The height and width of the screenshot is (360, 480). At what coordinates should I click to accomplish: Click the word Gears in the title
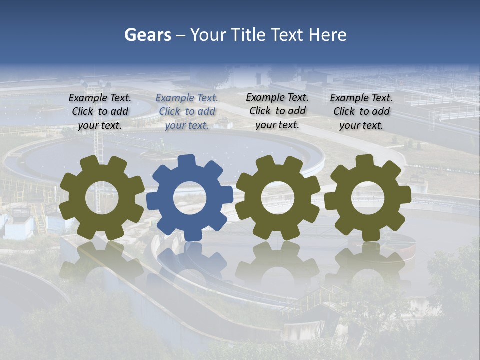pos(147,35)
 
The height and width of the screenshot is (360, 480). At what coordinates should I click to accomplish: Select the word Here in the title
pos(327,35)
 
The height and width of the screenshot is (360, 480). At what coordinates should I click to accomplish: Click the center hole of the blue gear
pos(190,198)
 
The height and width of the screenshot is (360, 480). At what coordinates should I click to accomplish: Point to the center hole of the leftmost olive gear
pos(102,198)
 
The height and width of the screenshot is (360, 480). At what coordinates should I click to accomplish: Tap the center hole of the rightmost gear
pos(367,198)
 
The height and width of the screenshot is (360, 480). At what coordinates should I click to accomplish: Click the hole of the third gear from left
pos(278,198)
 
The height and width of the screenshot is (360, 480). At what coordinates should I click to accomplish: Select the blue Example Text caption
pos(187,111)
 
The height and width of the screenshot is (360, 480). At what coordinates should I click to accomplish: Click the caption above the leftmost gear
pos(100,111)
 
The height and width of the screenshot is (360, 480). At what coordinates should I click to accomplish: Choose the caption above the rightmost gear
pos(361,111)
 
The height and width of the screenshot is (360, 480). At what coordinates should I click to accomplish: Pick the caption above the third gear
pos(277,111)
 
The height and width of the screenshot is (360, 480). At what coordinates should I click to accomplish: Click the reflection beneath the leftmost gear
pos(102,262)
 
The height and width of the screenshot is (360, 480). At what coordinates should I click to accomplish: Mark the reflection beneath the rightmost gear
pos(368,262)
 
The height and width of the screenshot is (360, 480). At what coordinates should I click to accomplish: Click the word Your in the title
pos(208,35)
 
